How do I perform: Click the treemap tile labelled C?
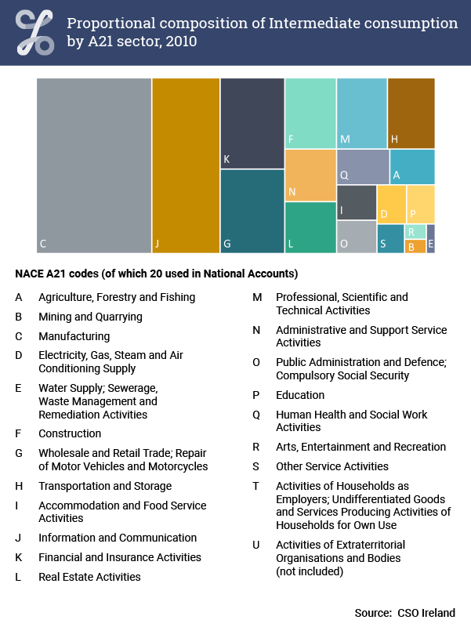coord(94,165)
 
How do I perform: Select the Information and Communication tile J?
coord(186,165)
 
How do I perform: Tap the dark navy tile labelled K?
coord(252,123)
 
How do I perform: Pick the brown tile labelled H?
coord(411,113)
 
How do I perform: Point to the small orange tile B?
coord(415,246)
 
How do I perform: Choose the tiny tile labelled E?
coord(430,239)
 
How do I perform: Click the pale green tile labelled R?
coord(415,231)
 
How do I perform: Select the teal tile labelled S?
coord(390,239)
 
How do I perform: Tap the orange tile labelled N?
coord(310,175)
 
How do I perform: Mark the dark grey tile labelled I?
coord(357,202)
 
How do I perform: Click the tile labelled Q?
coord(363,167)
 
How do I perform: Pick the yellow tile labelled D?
coord(392,205)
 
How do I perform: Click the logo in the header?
coord(34,32)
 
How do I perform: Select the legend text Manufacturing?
coord(74,336)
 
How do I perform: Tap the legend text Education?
coord(300,395)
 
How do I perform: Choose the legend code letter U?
coord(256,545)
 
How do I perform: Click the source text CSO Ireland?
coord(426,613)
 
